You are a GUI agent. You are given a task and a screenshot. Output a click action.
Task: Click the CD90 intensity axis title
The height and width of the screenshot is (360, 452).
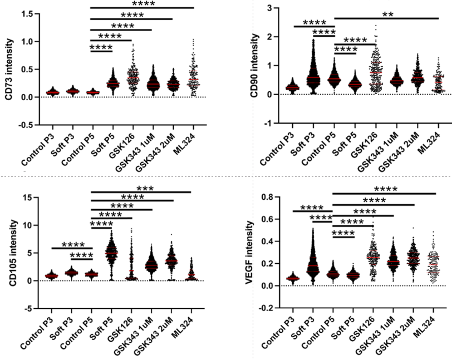tap(255, 65)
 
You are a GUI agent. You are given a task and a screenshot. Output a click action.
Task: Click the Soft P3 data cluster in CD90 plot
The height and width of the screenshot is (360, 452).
tap(312, 72)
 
